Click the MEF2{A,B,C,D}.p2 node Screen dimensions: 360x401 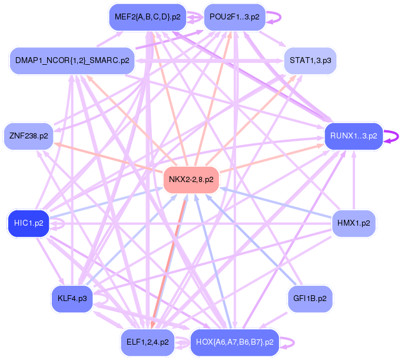147,17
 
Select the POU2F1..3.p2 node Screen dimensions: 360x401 234,17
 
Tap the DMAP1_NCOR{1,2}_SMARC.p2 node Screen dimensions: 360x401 72,61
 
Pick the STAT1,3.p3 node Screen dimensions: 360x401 310,61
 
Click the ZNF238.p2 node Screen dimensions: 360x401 28,136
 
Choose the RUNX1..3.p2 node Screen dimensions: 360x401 353,136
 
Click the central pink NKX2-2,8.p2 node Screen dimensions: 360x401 191,179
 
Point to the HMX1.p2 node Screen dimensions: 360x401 353,223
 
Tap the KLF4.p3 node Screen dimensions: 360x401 72,299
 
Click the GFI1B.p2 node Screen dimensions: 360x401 310,299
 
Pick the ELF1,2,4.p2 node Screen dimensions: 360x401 147,342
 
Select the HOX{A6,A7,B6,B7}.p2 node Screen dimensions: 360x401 234,342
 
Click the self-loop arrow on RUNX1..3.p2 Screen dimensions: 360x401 393,136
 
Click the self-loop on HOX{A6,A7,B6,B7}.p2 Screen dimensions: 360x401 288,342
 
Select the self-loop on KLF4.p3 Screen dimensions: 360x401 102,299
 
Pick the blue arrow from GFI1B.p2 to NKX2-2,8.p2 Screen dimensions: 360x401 253,242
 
